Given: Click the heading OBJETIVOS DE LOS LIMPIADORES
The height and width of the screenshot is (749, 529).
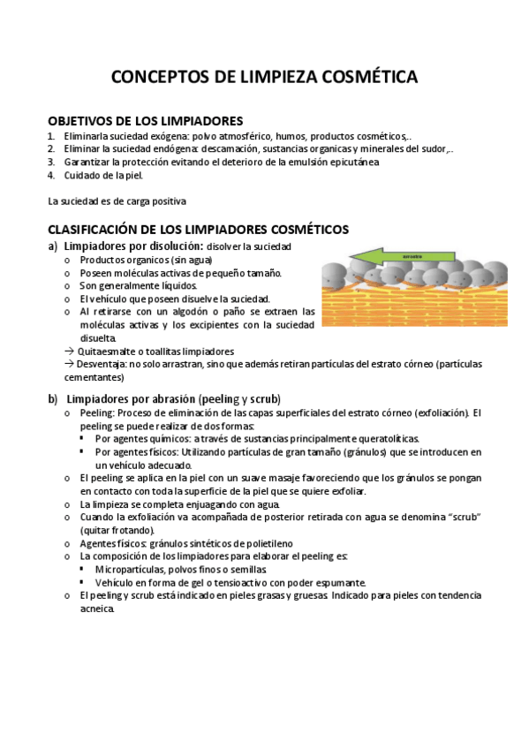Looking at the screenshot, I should tap(145, 121).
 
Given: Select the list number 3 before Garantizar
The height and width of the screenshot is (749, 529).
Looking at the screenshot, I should tap(51, 163).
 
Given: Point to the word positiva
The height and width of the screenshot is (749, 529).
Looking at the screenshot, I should tap(165, 201).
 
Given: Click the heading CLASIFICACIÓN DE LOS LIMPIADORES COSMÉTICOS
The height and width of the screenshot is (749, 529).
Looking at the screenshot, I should tap(198, 230).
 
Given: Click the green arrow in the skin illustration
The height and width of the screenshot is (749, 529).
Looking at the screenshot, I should tap(402, 257).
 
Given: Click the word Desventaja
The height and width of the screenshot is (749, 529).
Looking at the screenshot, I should tap(102, 364).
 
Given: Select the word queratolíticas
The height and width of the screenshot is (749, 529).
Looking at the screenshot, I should tap(382, 439).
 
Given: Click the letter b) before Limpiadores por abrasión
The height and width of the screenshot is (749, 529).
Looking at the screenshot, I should tap(53, 399).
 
